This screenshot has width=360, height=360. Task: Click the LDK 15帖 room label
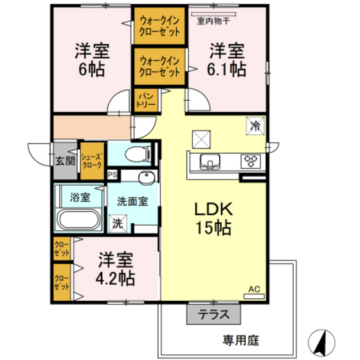(213, 218)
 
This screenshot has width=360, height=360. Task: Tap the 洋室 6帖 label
(90, 59)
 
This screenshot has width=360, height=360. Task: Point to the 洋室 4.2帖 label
(116, 269)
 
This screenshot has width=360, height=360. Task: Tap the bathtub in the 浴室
(77, 219)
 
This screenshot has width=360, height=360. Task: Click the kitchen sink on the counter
(209, 161)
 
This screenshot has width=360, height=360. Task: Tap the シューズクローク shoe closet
(91, 161)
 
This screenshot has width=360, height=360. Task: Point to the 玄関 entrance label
(64, 161)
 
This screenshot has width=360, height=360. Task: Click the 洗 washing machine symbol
(117, 224)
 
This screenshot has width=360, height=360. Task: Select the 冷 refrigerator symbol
(255, 125)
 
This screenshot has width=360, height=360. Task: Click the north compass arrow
(322, 339)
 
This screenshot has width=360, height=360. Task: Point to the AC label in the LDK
(255, 290)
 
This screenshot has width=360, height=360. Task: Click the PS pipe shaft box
(113, 174)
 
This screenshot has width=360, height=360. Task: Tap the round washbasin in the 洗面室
(146, 178)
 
